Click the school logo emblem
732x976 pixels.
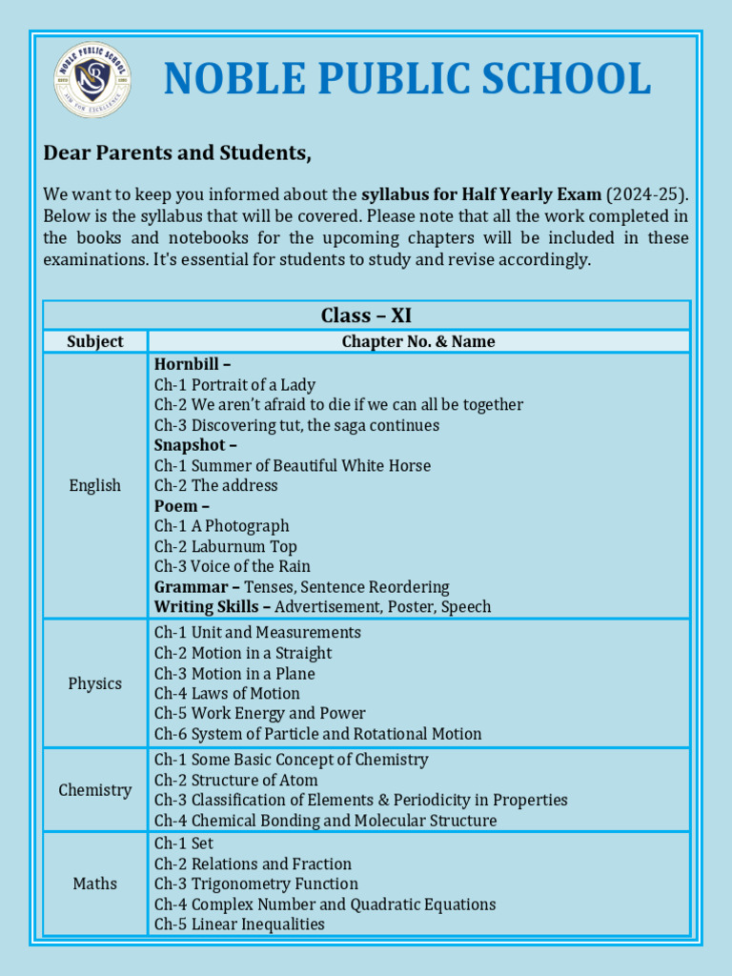92,80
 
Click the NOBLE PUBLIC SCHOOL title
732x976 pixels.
407,79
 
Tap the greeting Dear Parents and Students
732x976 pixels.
177,153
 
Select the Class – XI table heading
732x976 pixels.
366,315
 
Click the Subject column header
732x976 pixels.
95,341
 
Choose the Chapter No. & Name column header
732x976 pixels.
418,341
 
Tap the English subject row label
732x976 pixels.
95,485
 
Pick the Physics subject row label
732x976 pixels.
95,683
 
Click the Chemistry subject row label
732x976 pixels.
95,790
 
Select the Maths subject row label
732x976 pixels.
95,884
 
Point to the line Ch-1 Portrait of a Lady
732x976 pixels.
234,385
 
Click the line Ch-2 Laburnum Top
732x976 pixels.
226,546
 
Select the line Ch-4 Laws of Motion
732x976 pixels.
227,694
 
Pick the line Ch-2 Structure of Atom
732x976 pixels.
236,781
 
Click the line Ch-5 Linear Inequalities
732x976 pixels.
239,925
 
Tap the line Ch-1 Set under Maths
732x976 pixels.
184,844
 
